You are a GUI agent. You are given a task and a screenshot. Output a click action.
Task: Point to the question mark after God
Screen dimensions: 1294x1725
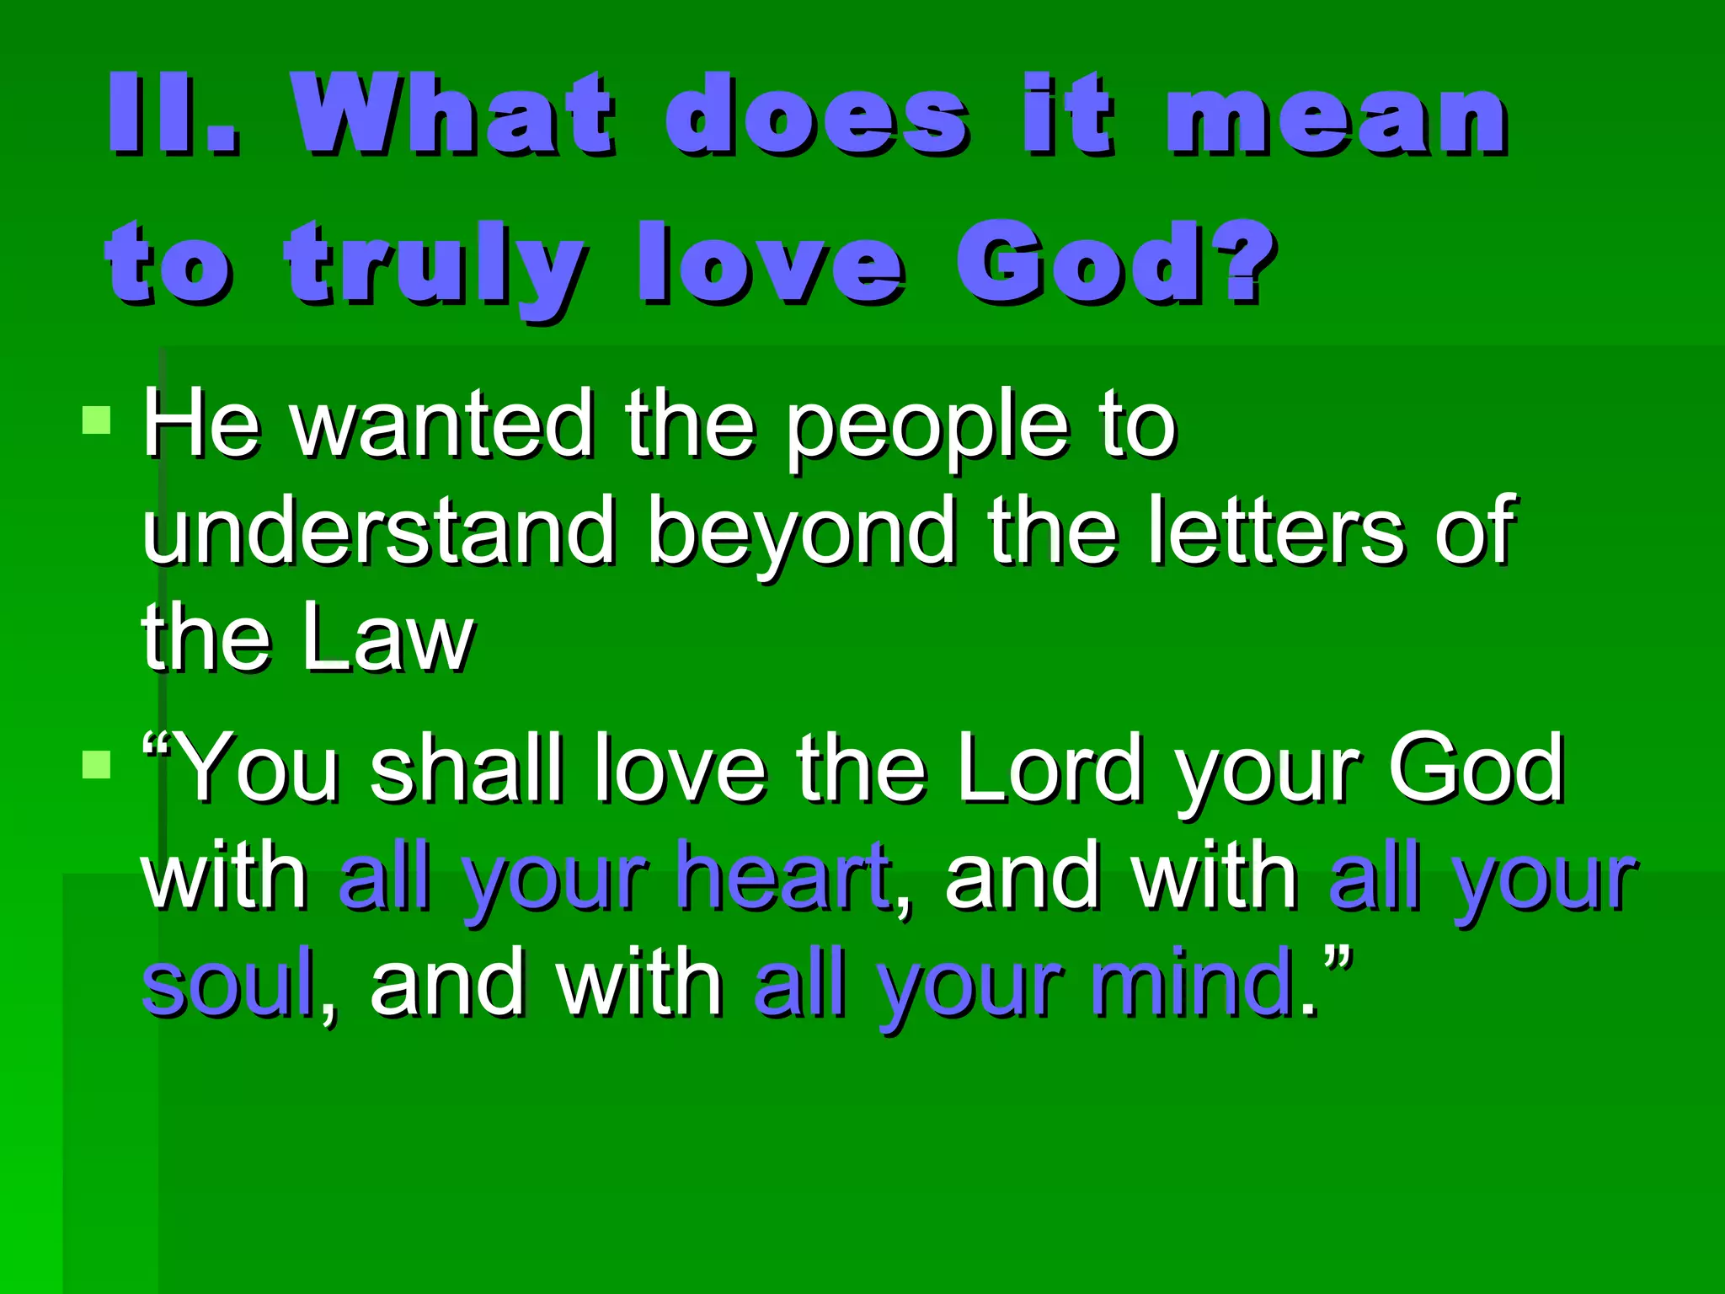pyautogui.click(x=1247, y=261)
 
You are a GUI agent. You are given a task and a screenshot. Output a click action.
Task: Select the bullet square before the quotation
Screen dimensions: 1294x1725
pyautogui.click(x=97, y=765)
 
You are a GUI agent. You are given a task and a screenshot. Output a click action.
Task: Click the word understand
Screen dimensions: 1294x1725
pyautogui.click(x=379, y=531)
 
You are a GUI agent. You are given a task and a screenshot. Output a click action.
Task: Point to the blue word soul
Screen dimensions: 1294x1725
pyautogui.click(x=227, y=982)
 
